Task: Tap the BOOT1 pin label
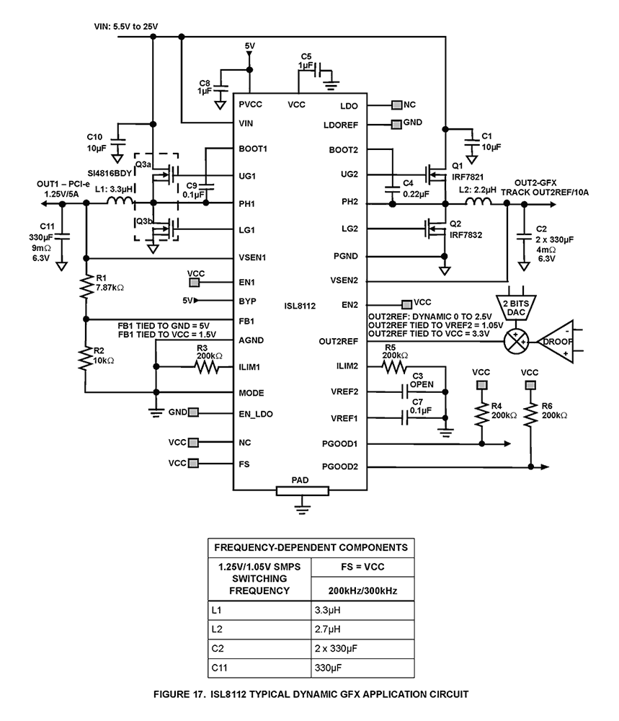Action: coord(253,149)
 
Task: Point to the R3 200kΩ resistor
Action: coord(207,367)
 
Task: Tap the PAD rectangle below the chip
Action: coord(302,490)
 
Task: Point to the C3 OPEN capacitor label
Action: coord(422,379)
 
